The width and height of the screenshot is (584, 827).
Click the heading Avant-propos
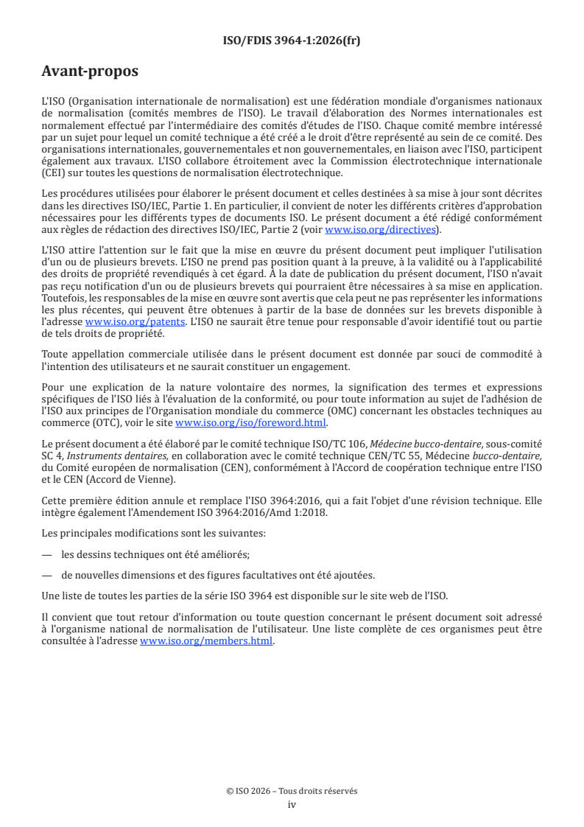click(90, 71)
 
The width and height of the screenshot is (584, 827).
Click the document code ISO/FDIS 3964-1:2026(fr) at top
click(292, 41)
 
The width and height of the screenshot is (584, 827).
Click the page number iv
click(292, 804)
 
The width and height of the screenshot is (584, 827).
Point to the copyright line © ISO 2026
click(292, 791)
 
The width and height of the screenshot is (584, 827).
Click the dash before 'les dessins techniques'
click(47, 554)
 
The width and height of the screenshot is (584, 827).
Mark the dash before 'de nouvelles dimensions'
click(47, 575)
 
